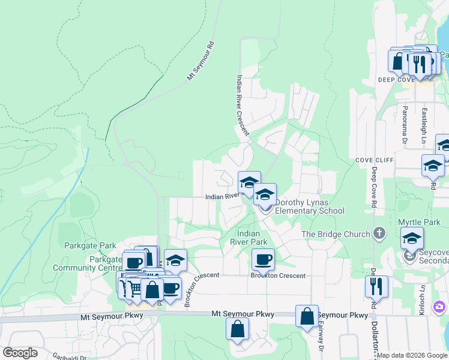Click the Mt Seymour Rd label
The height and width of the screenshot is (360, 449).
(200, 61)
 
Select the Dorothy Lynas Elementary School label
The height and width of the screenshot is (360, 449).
(309, 206)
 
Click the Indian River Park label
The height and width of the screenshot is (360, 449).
(252, 237)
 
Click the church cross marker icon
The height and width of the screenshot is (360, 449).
(378, 233)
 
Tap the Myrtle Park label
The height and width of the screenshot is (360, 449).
(419, 223)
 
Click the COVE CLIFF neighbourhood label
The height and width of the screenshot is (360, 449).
(373, 160)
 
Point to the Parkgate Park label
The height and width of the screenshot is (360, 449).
(90, 245)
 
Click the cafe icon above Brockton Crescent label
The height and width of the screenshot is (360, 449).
(263, 260)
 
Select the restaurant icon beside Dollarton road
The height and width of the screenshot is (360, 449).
(377, 286)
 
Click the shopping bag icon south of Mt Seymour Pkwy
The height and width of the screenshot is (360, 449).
(238, 329)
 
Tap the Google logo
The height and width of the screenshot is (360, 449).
(20, 353)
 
